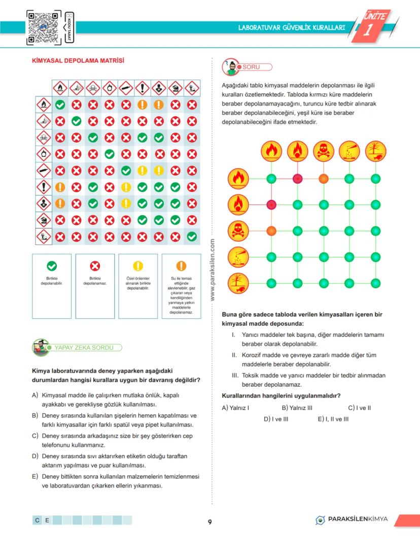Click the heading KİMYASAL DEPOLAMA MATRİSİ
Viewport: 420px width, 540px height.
point(78,61)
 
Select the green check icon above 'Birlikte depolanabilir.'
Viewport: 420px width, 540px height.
point(52,265)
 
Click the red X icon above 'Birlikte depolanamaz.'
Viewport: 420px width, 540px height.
point(95,265)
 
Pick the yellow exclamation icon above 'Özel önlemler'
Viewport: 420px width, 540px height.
point(138,265)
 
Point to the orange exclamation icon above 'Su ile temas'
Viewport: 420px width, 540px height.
point(181,265)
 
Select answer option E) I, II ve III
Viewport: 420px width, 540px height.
point(333,419)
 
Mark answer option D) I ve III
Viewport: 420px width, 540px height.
point(276,419)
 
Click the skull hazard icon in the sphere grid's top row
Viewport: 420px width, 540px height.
point(323,151)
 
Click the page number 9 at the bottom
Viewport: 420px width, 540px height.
point(209,522)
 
